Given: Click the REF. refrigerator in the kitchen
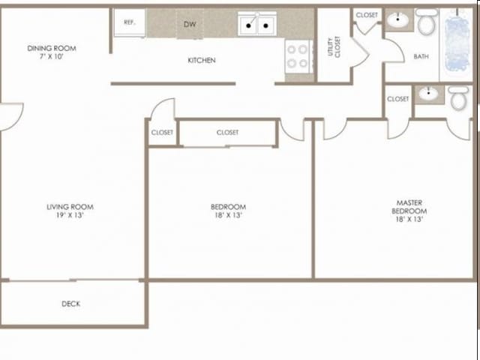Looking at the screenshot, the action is [130, 23].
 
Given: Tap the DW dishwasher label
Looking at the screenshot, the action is [190, 24].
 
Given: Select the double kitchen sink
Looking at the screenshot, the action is [257, 24].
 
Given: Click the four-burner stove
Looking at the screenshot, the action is [298, 57].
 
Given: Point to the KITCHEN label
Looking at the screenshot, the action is [202, 60].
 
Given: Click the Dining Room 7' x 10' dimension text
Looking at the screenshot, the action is [52, 56].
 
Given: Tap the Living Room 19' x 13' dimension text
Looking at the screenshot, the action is [70, 215].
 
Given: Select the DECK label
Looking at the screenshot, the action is [70, 304].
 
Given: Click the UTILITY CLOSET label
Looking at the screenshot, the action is [334, 46].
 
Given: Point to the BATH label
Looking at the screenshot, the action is [421, 56].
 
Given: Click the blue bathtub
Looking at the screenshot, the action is [457, 43].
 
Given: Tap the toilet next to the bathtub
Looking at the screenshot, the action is [427, 22].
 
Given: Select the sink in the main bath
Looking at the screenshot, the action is [397, 20].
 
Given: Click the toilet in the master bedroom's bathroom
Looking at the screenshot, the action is [458, 98].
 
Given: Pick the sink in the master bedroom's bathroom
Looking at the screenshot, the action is [428, 93].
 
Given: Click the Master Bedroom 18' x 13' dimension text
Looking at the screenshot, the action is [409, 219].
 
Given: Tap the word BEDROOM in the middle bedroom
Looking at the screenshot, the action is [228, 207].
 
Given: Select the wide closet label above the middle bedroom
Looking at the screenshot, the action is [227, 133].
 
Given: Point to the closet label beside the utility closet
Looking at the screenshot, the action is [367, 15].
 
